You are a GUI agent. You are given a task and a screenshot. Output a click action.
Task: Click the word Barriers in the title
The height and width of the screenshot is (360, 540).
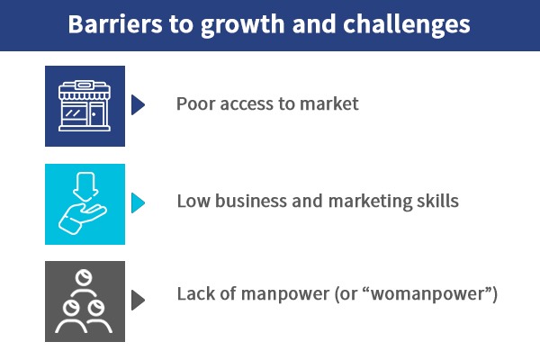click(x=115, y=24)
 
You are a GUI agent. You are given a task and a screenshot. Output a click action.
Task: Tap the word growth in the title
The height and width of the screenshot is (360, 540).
click(x=242, y=26)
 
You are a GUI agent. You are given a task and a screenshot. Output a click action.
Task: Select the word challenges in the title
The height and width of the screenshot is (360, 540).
click(x=407, y=26)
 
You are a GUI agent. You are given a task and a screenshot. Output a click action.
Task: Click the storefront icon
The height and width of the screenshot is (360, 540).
click(x=85, y=106)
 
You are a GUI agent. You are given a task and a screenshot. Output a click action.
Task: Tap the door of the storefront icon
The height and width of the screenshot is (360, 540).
click(x=96, y=114)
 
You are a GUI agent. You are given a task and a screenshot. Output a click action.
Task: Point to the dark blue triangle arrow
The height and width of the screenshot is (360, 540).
click(x=138, y=104)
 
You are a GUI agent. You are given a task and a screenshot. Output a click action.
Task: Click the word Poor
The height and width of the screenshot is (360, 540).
click(x=196, y=103)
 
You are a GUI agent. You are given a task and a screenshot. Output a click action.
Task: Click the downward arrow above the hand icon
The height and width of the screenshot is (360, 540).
click(x=85, y=186)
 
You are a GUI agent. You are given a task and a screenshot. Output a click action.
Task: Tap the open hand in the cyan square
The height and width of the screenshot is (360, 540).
click(x=82, y=219)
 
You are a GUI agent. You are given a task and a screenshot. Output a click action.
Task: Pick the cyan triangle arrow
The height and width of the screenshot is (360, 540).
click(x=138, y=202)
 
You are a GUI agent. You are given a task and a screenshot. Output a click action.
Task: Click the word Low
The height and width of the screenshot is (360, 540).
click(x=193, y=202)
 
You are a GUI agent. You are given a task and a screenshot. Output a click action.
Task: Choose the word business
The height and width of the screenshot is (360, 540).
click(x=251, y=202)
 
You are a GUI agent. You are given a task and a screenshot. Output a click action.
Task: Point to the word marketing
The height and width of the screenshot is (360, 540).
click(x=370, y=202)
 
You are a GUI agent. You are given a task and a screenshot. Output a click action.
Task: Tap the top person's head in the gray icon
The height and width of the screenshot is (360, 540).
click(x=84, y=278)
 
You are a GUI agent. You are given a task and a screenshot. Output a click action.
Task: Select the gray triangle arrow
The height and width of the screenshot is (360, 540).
click(x=138, y=300)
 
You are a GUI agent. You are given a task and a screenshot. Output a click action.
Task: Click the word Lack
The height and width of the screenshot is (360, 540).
click(x=195, y=294)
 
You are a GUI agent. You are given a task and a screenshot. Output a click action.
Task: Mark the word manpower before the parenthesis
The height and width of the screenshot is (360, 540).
click(x=285, y=295)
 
